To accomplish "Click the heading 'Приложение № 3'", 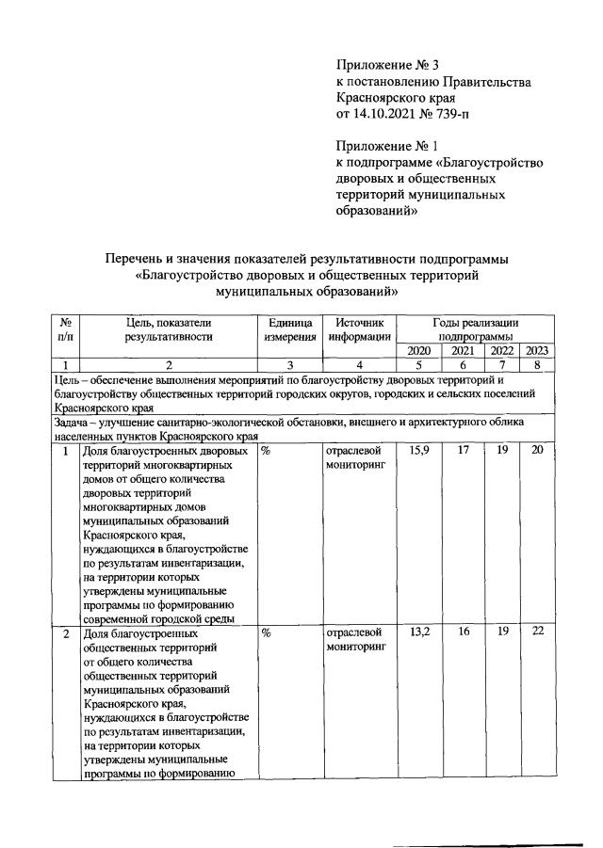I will (388, 65).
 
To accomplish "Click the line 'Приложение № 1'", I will (388, 146).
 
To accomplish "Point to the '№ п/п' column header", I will (65, 328).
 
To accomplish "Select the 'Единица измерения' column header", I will (289, 328).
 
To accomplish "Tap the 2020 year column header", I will (419, 350).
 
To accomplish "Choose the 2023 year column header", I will (537, 350).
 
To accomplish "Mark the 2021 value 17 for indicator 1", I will (463, 451).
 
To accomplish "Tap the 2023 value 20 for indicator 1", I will (537, 451).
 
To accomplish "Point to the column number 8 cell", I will (537, 365).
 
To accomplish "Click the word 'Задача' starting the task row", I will (76, 424).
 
